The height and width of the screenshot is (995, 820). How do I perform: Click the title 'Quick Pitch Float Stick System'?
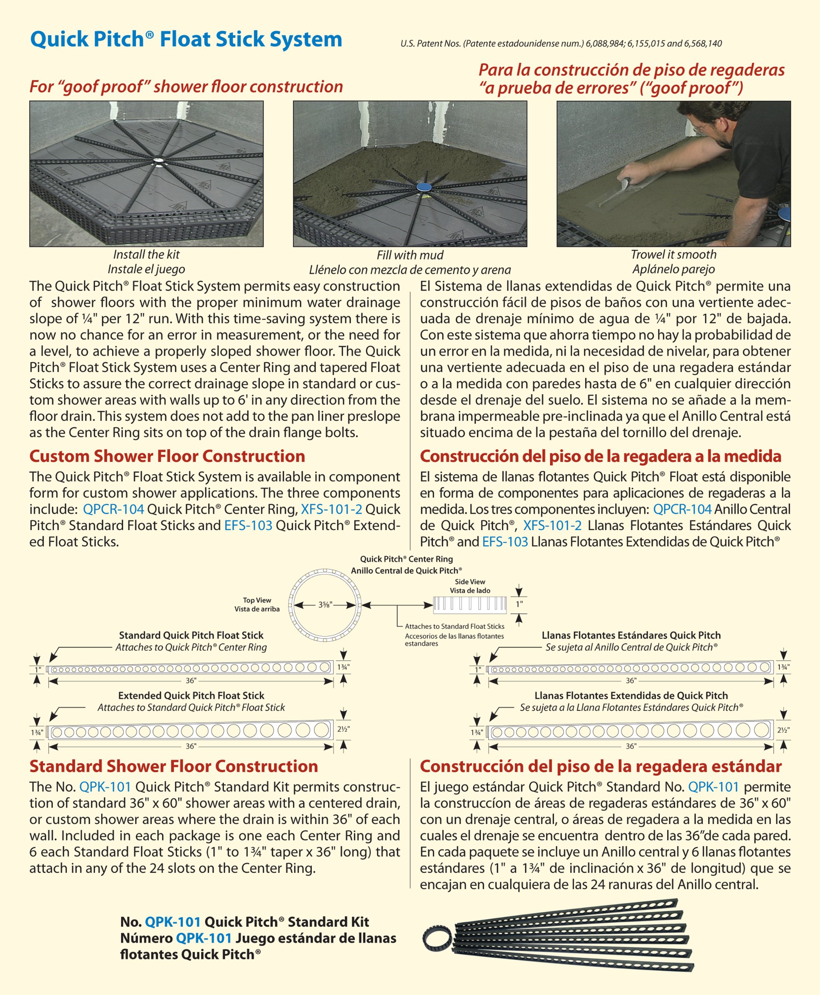tap(186, 39)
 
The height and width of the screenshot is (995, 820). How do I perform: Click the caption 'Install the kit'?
tap(147, 255)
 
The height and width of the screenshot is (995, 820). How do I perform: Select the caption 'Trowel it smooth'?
tap(673, 255)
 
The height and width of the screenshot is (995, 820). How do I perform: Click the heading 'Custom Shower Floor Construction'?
tap(167, 456)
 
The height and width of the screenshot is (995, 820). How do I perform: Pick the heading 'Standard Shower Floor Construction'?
tap(173, 766)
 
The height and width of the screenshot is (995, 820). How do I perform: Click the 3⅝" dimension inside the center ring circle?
tap(325, 604)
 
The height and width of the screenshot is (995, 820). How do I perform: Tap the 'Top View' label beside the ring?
tap(257, 600)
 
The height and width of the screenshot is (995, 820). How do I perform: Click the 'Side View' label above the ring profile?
tap(470, 582)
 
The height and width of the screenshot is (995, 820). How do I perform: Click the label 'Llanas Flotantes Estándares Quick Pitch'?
tap(631, 635)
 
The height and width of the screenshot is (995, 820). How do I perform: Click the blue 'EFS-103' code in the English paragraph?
tap(248, 525)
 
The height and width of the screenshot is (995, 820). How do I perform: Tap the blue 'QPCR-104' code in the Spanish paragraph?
tap(682, 509)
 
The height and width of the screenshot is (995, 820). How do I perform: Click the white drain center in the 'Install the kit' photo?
tap(158, 162)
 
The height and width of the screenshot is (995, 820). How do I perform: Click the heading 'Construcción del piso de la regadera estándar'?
tap(601, 766)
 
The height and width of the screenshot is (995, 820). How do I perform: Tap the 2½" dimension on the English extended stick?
tap(343, 729)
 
